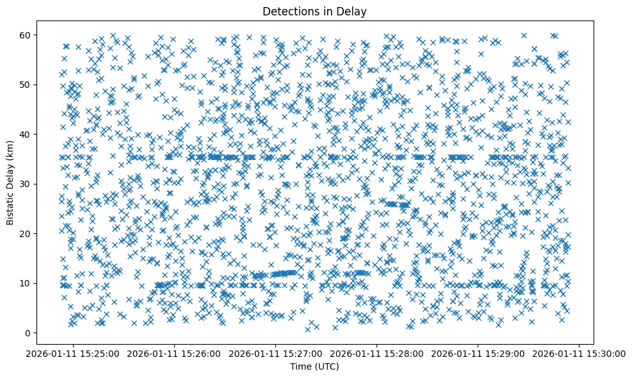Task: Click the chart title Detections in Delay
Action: click(314, 11)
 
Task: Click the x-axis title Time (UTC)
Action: click(314, 366)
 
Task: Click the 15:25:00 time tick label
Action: click(73, 353)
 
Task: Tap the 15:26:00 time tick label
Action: click(174, 353)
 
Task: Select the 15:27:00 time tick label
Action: click(276, 353)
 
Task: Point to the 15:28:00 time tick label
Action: click(377, 353)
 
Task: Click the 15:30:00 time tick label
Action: click(580, 353)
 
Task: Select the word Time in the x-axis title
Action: click(301, 366)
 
